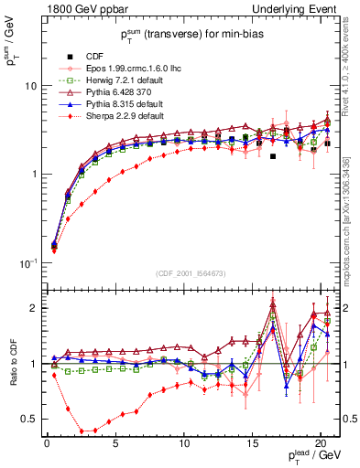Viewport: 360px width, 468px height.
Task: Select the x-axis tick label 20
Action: tap(320, 443)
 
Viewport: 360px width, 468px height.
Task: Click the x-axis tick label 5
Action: tap(115, 443)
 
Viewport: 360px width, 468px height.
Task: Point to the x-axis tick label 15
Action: tap(251, 443)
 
